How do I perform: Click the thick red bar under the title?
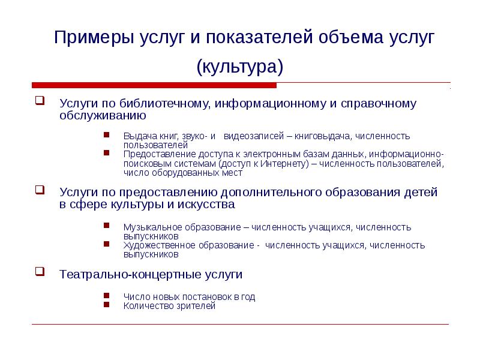click(154, 85)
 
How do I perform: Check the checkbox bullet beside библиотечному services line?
click(39, 101)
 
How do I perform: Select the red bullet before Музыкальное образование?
click(106, 226)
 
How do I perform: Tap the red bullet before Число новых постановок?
click(106, 295)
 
